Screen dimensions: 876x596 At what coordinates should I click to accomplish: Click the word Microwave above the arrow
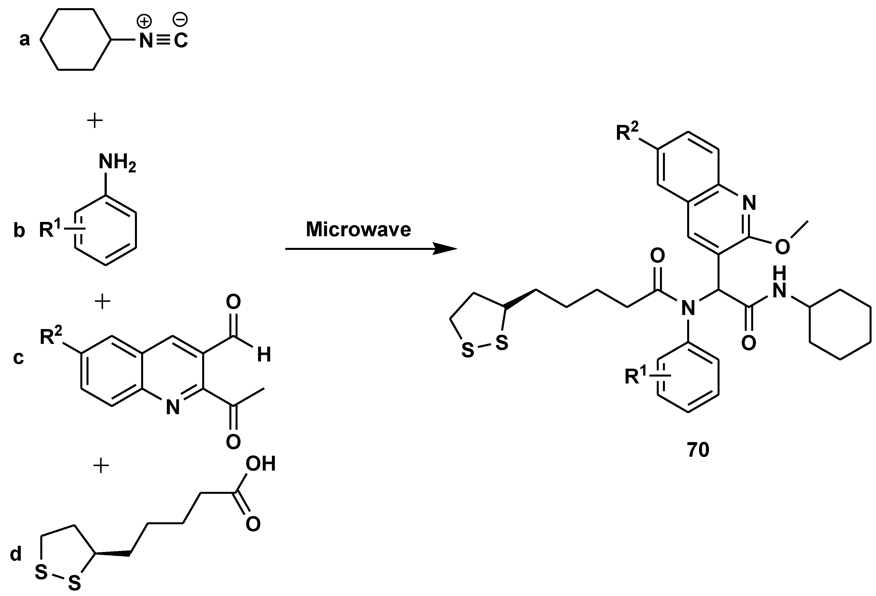point(358,230)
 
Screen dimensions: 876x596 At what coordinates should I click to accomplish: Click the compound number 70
point(698,450)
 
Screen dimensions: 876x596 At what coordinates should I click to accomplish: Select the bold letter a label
point(24,40)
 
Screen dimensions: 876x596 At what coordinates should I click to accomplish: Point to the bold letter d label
point(16,554)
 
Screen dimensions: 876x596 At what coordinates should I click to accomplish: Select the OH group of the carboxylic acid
point(261,464)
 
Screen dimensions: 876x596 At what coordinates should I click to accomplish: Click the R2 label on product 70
point(627,133)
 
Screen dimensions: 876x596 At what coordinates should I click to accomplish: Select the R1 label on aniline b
point(50,229)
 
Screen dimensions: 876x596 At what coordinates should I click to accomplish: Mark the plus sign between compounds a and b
point(95,121)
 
